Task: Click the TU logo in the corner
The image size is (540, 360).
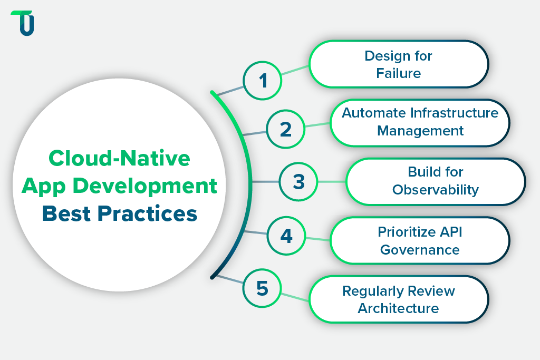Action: (23, 23)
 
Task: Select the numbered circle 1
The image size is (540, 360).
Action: (263, 81)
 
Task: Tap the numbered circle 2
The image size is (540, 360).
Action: (285, 129)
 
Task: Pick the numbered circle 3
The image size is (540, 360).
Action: (298, 182)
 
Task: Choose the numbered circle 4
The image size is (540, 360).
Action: (286, 235)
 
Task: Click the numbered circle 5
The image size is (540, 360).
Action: (262, 288)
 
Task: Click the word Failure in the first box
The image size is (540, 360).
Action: (399, 73)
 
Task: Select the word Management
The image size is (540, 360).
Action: (420, 130)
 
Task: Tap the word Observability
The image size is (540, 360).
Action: (436, 189)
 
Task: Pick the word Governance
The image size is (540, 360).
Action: (420, 249)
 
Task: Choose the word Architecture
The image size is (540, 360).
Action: (398, 308)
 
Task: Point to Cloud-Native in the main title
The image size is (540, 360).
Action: (119, 158)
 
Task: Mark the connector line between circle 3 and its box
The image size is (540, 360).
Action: (332, 182)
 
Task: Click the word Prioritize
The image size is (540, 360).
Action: (405, 232)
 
